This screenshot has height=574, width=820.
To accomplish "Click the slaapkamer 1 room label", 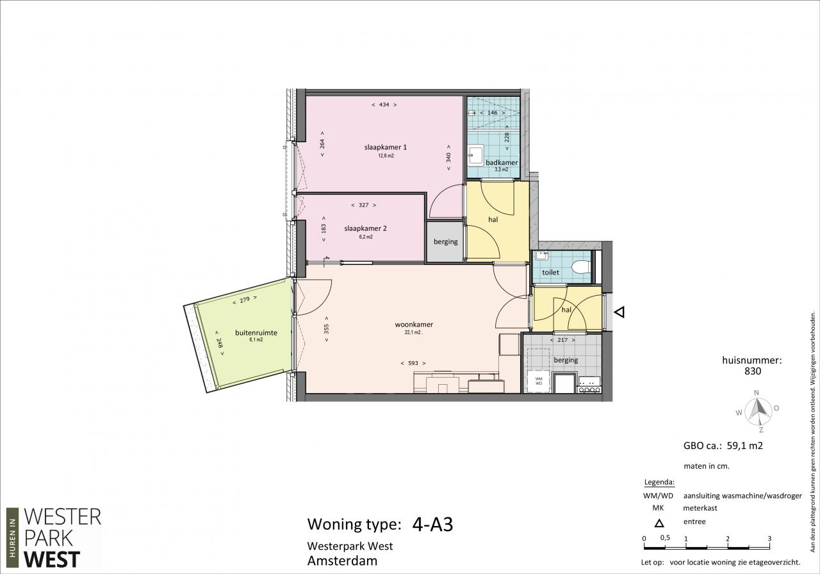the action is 386,148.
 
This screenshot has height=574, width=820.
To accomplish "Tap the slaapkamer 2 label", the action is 365,228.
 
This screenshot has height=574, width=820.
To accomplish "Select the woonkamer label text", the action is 414,325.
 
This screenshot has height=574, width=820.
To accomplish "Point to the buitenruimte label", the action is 256,333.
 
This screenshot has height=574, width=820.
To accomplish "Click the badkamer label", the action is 502,162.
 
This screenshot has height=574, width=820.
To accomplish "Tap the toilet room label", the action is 550,273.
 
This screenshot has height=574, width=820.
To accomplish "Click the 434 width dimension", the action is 384,105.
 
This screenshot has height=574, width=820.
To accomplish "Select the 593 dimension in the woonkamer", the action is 413,363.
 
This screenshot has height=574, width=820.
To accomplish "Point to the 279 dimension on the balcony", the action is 245,300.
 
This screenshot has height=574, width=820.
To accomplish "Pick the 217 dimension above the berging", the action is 562,340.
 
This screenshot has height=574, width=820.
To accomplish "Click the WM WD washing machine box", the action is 539,381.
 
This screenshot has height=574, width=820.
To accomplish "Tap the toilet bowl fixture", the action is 580,267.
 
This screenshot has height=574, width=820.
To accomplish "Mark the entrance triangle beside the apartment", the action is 619,312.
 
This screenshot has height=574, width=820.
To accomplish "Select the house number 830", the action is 753,371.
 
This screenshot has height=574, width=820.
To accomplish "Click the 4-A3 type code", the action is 432,525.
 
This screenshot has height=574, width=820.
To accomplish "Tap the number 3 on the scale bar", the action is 769,539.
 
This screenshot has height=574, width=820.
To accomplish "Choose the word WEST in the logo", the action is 52,559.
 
